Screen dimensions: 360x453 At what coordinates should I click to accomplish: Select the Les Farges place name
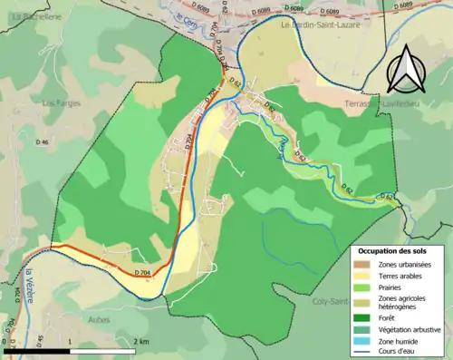[x=62, y=103]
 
